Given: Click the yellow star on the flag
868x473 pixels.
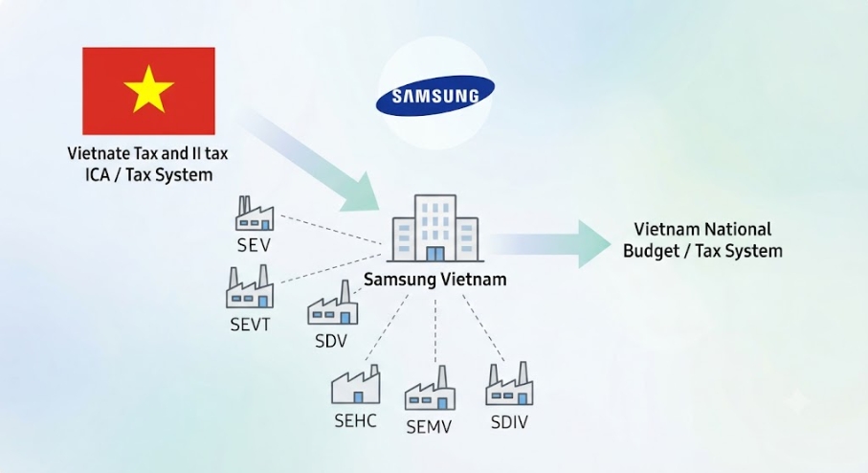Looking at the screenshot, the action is pyautogui.click(x=148, y=89).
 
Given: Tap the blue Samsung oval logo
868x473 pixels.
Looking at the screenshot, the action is pyautogui.click(x=435, y=95).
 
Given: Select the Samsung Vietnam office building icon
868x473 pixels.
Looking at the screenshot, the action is pyautogui.click(x=435, y=228).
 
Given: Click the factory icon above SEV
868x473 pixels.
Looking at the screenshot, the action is pyautogui.click(x=255, y=214).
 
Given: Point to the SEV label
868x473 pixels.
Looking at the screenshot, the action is pyautogui.click(x=255, y=245).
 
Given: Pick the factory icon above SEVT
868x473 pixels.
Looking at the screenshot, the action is pyautogui.click(x=250, y=286).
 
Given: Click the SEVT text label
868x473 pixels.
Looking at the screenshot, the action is pyautogui.click(x=250, y=324).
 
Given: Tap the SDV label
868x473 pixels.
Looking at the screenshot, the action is pyautogui.click(x=331, y=341).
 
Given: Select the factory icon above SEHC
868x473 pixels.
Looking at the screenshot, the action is pyautogui.click(x=356, y=384).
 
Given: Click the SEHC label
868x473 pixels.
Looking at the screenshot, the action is pyautogui.click(x=355, y=420).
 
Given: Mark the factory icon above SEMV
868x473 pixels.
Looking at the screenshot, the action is pyautogui.click(x=430, y=388).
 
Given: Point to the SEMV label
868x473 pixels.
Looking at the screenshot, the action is pyautogui.click(x=429, y=427).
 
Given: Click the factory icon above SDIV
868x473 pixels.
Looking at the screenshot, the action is pyautogui.click(x=509, y=384).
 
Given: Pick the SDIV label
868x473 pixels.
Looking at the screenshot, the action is pyautogui.click(x=509, y=422).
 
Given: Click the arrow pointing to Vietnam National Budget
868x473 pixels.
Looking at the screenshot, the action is pyautogui.click(x=549, y=244).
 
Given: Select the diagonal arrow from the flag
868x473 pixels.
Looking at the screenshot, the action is pyautogui.click(x=310, y=161).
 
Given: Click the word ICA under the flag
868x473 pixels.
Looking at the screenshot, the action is pyautogui.click(x=98, y=175).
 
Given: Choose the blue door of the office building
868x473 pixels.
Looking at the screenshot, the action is pyautogui.click(x=435, y=255).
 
